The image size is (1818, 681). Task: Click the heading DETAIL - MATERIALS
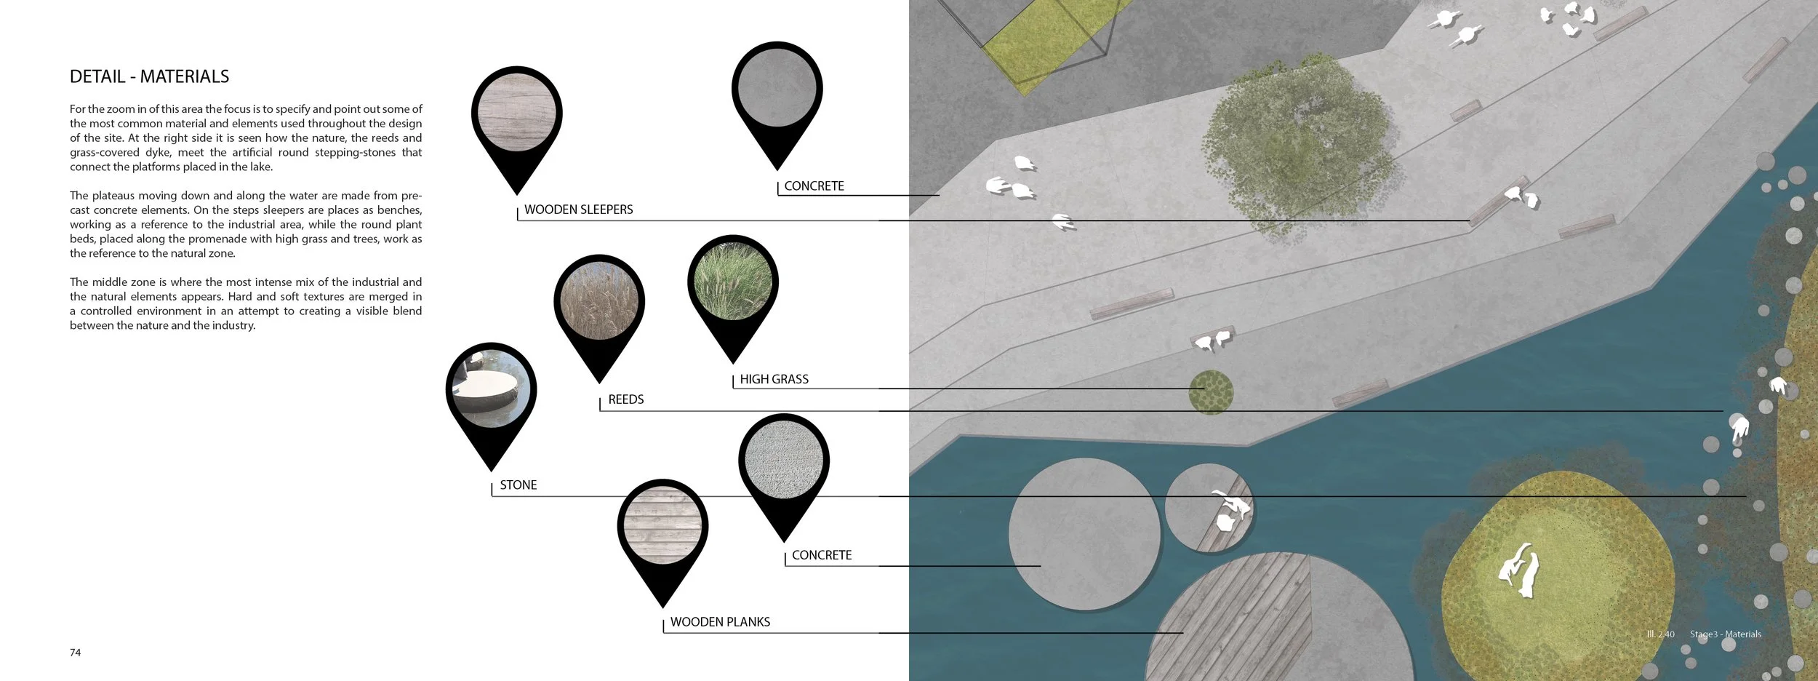point(149,76)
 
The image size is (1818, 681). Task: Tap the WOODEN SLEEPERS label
point(578,210)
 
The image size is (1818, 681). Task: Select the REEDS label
point(626,399)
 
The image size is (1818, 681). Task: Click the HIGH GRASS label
point(774,379)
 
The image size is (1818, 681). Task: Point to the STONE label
point(518,485)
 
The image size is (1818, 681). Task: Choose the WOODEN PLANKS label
point(720,622)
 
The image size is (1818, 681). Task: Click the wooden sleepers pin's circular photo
point(517,113)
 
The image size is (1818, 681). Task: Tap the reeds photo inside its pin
point(599,300)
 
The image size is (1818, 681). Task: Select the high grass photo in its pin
point(733,281)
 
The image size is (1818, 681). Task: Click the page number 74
point(76,653)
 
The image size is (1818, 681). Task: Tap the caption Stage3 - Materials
point(1726,634)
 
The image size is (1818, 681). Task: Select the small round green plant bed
point(1211,392)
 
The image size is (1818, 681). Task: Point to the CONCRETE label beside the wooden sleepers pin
point(814,186)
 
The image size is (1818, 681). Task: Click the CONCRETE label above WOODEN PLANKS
point(822,555)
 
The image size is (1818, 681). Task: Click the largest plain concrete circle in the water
point(1084,533)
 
